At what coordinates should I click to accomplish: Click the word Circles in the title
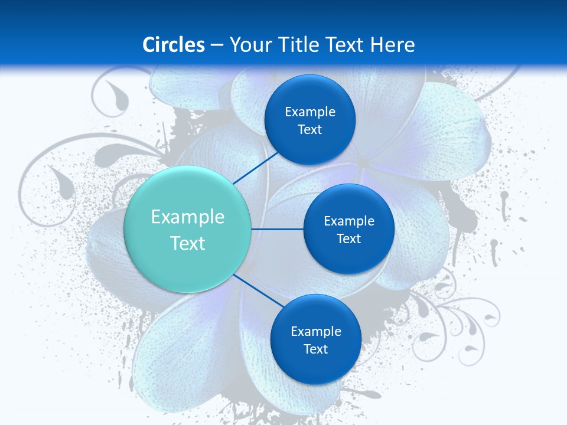click(173, 45)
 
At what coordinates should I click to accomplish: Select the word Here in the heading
click(393, 45)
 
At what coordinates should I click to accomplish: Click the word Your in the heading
click(250, 45)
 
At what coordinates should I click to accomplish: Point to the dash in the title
click(216, 45)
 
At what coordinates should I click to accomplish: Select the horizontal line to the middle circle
click(278, 229)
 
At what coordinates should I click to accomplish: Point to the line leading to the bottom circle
click(259, 290)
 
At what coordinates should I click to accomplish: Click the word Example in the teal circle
click(188, 217)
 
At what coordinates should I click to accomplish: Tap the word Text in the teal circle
click(188, 243)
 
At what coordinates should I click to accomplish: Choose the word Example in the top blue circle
click(310, 112)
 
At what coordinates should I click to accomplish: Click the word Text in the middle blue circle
click(348, 239)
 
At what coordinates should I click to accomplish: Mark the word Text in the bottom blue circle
click(315, 349)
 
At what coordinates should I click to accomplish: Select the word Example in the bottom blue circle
click(316, 332)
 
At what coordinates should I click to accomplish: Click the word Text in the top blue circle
click(309, 130)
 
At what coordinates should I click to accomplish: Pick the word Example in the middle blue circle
click(349, 221)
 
